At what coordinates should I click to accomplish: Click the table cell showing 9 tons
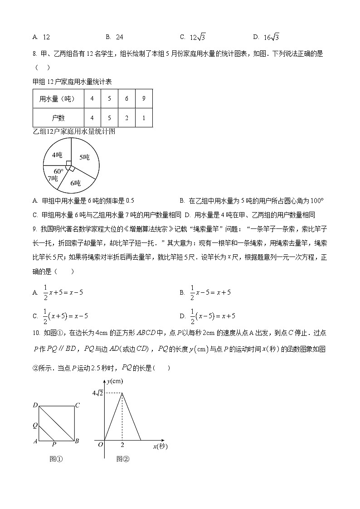coord(143,98)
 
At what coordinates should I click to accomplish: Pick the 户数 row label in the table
coord(58,118)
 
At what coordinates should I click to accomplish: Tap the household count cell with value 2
coord(126,118)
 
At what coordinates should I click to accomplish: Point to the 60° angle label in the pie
coord(58,171)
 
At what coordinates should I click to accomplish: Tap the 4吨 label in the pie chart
coord(57,155)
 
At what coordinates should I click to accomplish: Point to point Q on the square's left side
coord(35,425)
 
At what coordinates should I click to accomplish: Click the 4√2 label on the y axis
coord(97,393)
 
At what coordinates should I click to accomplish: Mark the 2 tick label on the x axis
coord(122,445)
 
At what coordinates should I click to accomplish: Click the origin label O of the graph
coord(101,445)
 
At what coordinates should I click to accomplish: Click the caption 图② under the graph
coord(122,459)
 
